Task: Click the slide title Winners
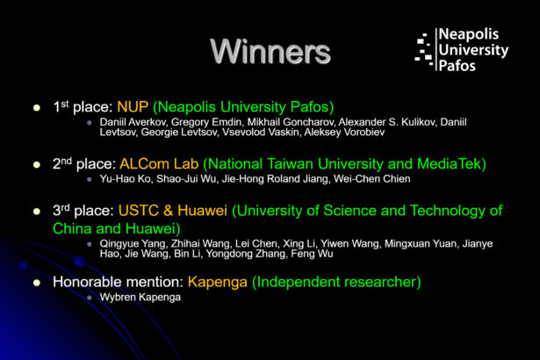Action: [270, 51]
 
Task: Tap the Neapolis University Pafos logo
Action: [462, 50]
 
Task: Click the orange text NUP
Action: [133, 107]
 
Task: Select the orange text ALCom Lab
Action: [159, 164]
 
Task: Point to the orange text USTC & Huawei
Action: [173, 211]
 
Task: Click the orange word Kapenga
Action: [218, 282]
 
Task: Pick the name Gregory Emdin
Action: [206, 122]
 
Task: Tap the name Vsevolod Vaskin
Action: [261, 133]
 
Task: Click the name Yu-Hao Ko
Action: [126, 179]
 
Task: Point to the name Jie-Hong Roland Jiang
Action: [275, 179]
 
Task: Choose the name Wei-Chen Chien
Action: [372, 179]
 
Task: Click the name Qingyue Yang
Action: [133, 244]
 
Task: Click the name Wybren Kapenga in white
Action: [140, 298]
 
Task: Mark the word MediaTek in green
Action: [451, 164]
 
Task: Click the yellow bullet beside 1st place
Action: [37, 108]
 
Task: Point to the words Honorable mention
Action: [118, 282]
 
